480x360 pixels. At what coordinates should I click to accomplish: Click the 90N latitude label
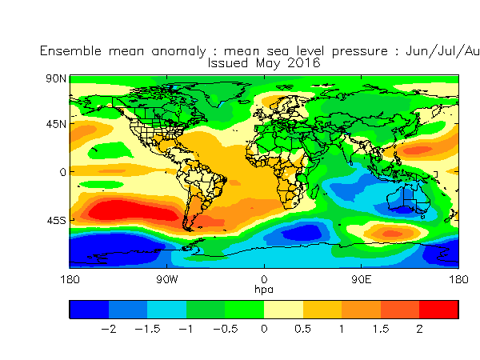tap(56, 78)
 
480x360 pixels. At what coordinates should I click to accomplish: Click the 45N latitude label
tap(56, 124)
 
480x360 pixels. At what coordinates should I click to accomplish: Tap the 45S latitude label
tap(56, 221)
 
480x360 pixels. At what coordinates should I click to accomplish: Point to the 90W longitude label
tap(166, 279)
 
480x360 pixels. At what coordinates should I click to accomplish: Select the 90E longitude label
tap(362, 279)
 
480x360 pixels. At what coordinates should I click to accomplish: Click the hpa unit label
tap(264, 290)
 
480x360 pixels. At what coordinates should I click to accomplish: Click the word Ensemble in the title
tap(70, 51)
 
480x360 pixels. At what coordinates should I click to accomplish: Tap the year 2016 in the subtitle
tap(304, 63)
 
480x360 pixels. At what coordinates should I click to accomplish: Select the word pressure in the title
tap(360, 51)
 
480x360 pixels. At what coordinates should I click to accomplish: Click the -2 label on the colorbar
tap(108, 329)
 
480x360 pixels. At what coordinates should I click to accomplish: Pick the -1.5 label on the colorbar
tap(147, 329)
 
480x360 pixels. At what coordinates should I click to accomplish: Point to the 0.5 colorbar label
tap(302, 329)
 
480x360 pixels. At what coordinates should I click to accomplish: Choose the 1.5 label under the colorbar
tap(381, 329)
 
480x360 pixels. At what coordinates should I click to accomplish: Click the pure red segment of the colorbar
tap(438, 310)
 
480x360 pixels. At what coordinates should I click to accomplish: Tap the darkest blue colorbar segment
tap(89, 310)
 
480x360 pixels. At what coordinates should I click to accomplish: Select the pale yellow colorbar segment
tap(283, 310)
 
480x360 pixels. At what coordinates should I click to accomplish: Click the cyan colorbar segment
tap(167, 310)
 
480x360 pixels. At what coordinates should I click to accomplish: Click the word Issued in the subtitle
tap(228, 63)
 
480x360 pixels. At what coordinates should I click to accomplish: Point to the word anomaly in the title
tap(178, 51)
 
